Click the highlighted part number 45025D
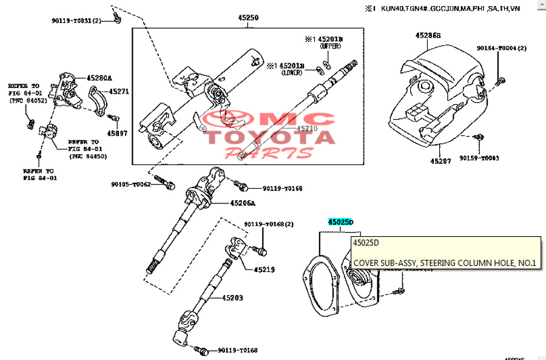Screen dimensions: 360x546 (x=340, y=222)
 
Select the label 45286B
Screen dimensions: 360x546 (x=428, y=36)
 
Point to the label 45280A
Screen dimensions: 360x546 (x=99, y=78)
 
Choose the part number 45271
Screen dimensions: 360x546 (x=119, y=92)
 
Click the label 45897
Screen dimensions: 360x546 (x=118, y=132)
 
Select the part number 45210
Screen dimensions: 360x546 (x=307, y=129)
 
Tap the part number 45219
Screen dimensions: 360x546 (x=265, y=269)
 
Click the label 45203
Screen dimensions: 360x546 (x=232, y=297)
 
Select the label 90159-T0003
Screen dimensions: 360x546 (x=479, y=158)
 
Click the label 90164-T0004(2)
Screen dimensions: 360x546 (x=502, y=48)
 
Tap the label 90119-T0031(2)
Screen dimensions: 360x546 (x=80, y=21)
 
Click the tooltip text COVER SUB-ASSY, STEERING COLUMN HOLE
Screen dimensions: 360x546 (x=445, y=263)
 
